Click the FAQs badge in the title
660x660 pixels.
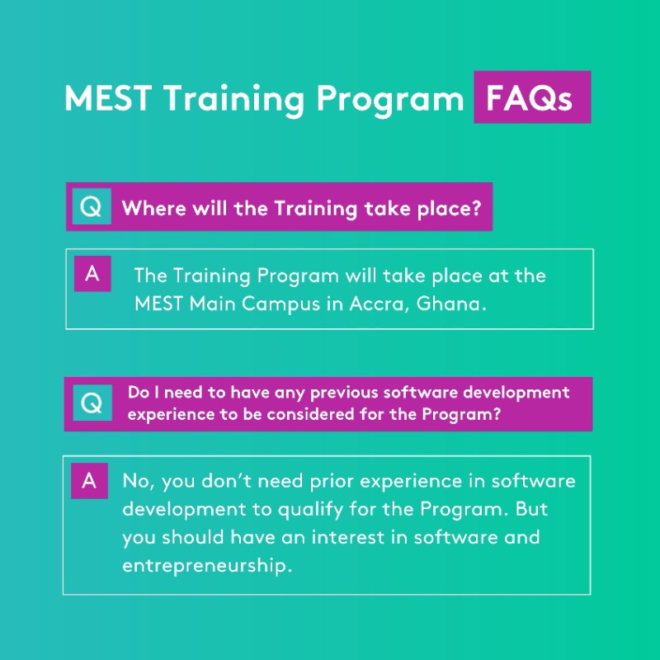click(x=531, y=98)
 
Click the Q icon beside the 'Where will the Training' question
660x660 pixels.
click(x=91, y=207)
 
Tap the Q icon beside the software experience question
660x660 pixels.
click(x=92, y=403)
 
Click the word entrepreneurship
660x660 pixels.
click(x=207, y=566)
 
